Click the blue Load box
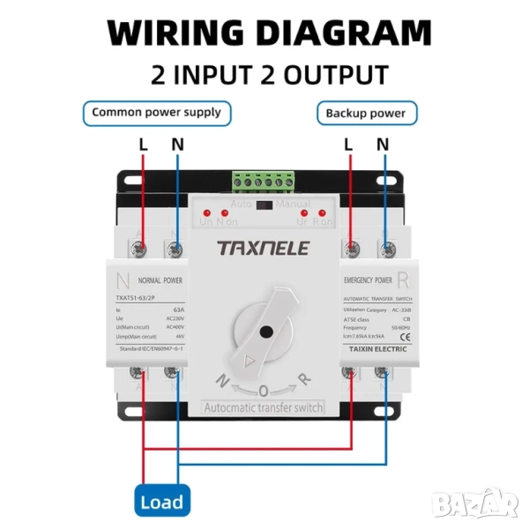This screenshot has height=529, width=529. click(161, 502)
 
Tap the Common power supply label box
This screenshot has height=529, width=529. click(157, 113)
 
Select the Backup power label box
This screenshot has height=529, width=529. click(366, 114)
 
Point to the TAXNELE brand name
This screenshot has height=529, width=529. click(264, 248)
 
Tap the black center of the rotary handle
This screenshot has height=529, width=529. click(264, 332)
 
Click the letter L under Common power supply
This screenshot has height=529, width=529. click(144, 144)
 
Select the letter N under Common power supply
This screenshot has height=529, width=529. click(176, 144)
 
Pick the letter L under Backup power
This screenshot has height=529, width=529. click(349, 144)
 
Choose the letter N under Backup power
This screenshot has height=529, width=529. click(383, 144)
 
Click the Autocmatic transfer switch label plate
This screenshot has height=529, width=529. click(264, 407)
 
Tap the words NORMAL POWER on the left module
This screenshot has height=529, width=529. click(160, 279)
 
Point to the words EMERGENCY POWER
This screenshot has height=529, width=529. click(368, 280)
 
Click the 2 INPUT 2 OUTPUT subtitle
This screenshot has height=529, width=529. click(268, 75)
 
